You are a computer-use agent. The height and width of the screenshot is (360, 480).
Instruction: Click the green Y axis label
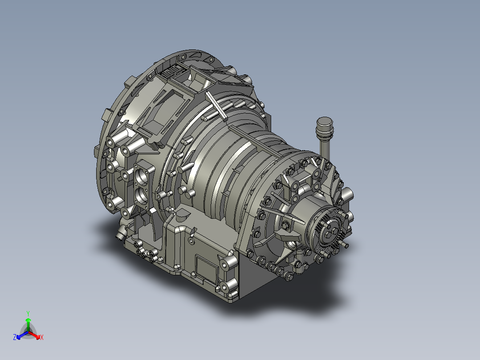(x=28, y=313)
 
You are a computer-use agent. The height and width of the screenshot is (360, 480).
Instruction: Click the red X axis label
(x=42, y=338)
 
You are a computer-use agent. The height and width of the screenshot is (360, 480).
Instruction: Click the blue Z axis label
(x=15, y=338)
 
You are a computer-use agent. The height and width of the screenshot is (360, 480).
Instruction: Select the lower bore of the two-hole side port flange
(x=143, y=195)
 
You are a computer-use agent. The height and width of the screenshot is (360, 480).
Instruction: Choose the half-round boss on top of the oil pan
(x=183, y=216)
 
